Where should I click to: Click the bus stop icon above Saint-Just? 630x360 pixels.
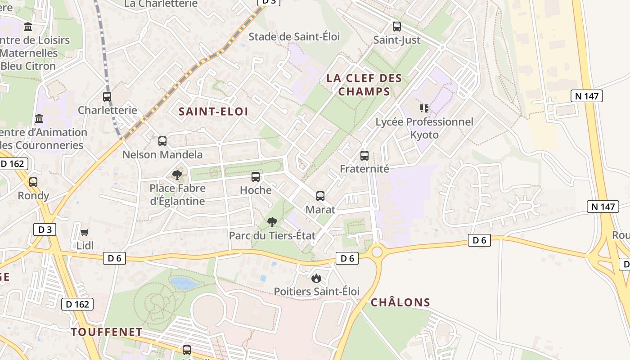(x=396, y=27)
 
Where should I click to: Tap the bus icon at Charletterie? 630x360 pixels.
(x=107, y=97)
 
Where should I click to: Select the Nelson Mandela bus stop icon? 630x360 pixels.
(x=162, y=141)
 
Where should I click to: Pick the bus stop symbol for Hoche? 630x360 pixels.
(x=256, y=177)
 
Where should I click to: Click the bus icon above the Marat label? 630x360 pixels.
(x=320, y=196)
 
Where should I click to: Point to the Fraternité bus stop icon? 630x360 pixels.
(x=364, y=156)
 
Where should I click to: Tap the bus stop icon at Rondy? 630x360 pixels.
(x=33, y=182)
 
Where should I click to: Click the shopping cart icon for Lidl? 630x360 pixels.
(x=85, y=232)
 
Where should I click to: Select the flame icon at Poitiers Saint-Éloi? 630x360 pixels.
(x=316, y=278)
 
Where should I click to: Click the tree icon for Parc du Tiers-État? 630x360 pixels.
(x=272, y=222)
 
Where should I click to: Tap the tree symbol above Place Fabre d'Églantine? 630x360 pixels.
(x=177, y=175)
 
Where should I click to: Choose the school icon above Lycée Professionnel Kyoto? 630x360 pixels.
(x=424, y=108)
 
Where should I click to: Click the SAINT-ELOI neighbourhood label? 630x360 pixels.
(x=213, y=112)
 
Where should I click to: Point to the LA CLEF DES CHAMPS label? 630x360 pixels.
(x=364, y=85)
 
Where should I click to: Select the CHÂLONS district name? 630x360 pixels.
(x=400, y=302)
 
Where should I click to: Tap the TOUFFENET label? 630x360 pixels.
(x=107, y=332)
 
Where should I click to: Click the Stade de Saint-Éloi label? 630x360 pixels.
(x=294, y=36)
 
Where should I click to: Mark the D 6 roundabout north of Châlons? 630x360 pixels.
(x=377, y=252)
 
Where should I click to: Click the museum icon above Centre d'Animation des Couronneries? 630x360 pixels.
(x=39, y=119)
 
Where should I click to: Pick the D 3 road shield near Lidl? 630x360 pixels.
(x=45, y=229)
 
